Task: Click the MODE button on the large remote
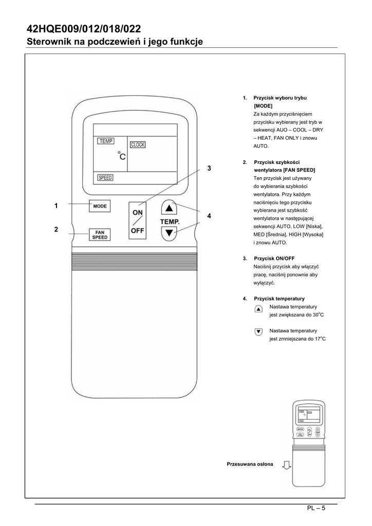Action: (100, 206)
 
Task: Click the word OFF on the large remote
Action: (137, 231)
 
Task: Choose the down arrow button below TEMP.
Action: (170, 234)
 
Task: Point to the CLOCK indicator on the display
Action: (138, 145)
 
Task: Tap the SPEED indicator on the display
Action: (105, 178)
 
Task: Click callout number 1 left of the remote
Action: (56, 205)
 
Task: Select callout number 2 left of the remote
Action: (56, 230)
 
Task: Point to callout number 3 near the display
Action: (209, 168)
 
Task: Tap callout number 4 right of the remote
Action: (209, 216)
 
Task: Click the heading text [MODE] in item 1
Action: (263, 105)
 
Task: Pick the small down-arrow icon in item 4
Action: (258, 333)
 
